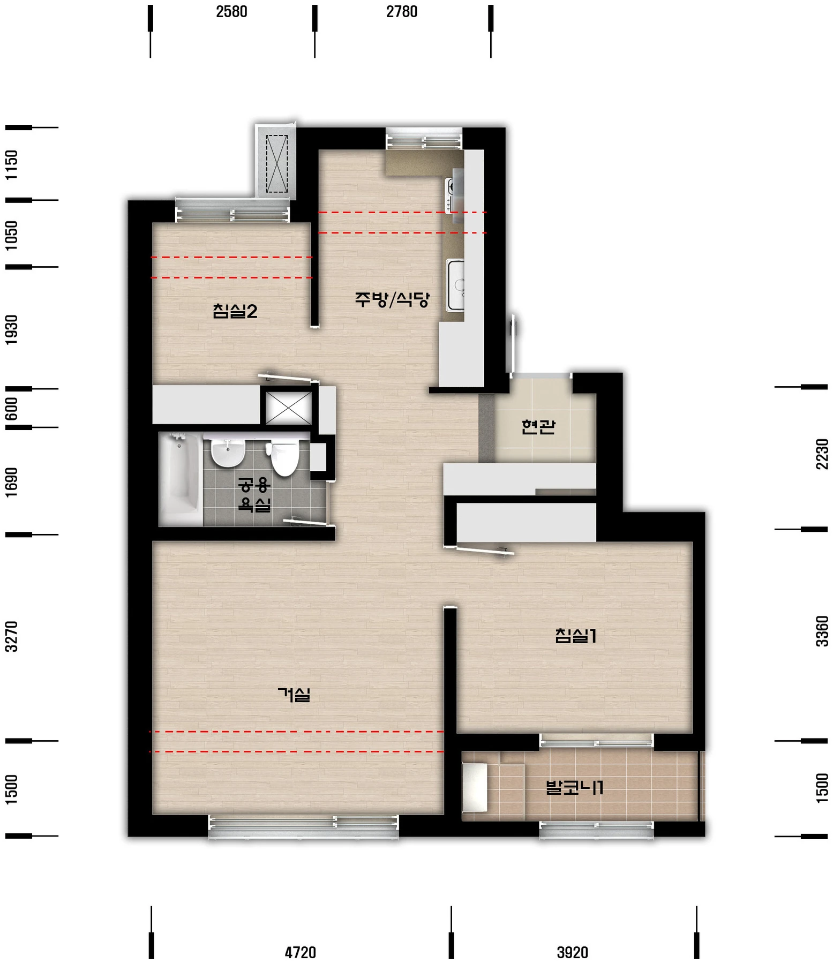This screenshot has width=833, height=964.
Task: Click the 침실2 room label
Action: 235,311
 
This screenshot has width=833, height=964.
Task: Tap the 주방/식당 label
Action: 392,299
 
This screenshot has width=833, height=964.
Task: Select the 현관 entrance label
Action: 538,426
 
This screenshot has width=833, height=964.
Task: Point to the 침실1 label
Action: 576,636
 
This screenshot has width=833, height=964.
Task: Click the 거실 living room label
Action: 294,695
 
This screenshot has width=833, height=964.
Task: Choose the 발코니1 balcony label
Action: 574,787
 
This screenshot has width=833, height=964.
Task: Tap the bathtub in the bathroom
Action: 181,479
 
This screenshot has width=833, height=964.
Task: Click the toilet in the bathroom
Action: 284,458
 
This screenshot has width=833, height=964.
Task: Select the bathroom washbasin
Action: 228,453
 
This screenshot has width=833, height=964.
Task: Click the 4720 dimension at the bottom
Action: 301,952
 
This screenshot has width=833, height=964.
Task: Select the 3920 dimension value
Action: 573,952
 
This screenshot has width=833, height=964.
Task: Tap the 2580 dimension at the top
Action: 231,11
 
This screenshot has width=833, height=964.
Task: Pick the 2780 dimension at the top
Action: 402,11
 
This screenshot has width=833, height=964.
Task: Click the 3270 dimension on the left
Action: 11,636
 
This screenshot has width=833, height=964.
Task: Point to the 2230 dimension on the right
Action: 822,454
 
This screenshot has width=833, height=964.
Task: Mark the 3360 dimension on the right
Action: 822,631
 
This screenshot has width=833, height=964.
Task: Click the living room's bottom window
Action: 303,826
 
